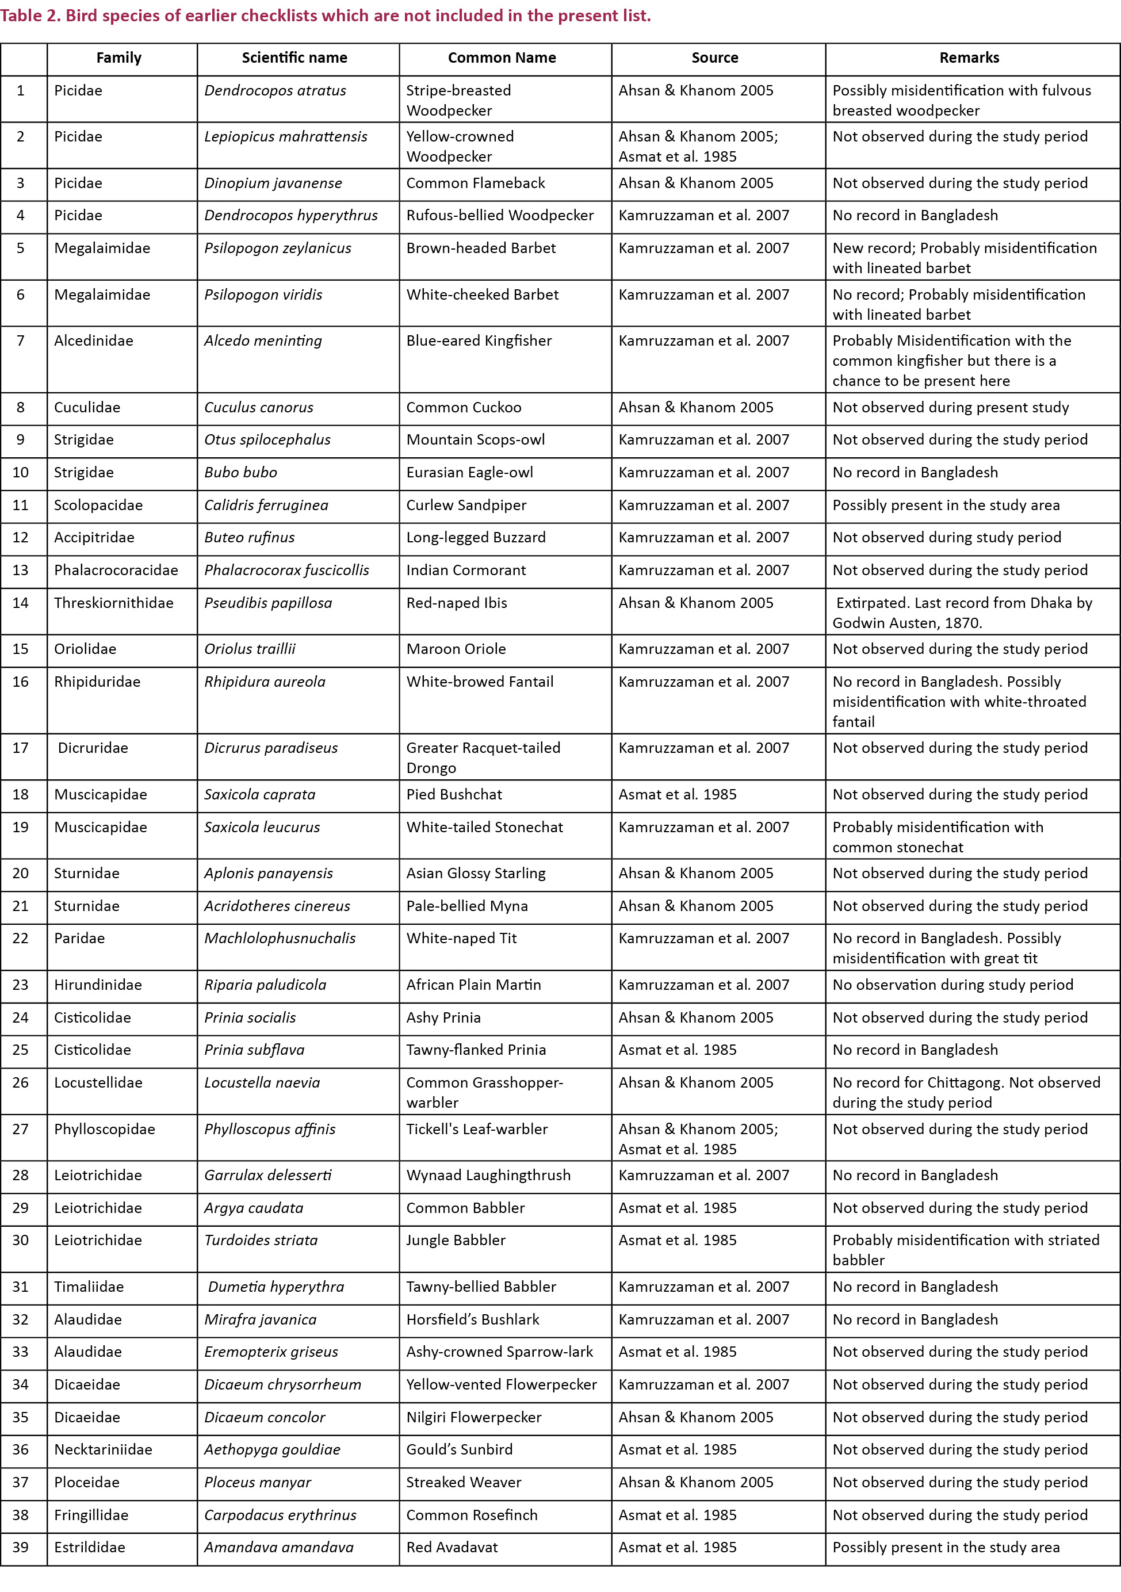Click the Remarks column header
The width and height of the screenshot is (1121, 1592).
point(969,58)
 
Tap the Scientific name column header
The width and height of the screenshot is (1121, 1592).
point(294,58)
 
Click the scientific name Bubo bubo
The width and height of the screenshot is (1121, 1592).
point(240,473)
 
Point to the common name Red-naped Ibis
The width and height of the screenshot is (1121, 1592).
point(456,603)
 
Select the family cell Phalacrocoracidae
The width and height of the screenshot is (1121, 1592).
point(116,571)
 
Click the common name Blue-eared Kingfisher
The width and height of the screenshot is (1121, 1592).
point(479,341)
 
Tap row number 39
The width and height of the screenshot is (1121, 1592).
point(21,1548)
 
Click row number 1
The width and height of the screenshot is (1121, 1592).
point(21,91)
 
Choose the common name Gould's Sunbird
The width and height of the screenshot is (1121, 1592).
point(459,1450)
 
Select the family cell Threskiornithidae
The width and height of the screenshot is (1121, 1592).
point(114,603)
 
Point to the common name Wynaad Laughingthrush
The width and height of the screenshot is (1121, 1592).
point(488,1175)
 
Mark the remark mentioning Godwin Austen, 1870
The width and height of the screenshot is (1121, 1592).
point(962,613)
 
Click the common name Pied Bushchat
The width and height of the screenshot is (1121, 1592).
point(453,795)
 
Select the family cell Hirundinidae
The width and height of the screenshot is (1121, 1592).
point(98,985)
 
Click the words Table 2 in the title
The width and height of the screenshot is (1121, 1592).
point(29,16)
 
